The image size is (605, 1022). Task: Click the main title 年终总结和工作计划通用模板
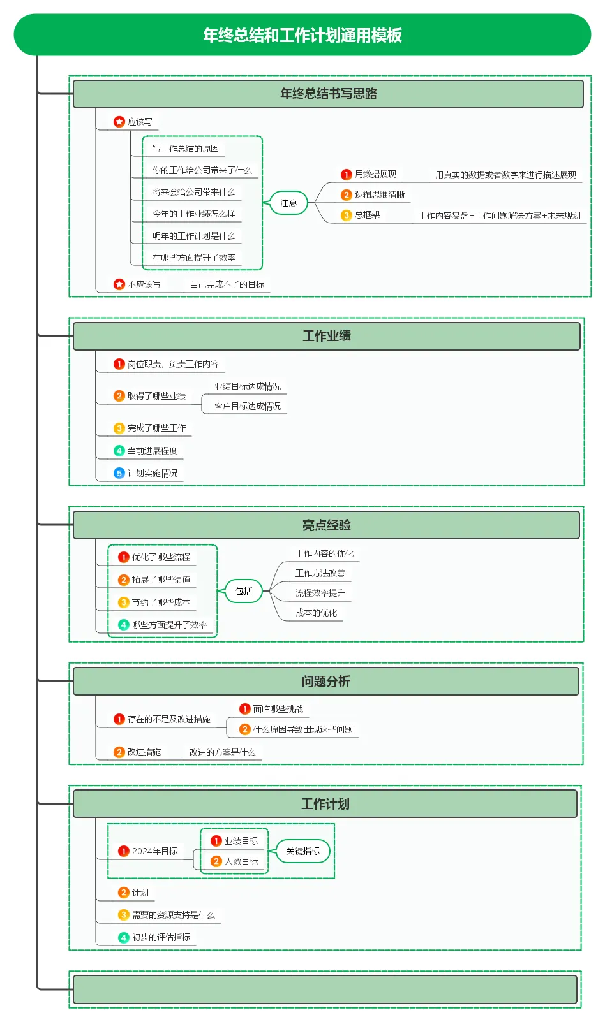click(302, 35)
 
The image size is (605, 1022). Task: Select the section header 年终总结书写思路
click(328, 94)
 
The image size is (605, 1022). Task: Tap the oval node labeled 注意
click(288, 203)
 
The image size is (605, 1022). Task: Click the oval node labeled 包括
click(244, 591)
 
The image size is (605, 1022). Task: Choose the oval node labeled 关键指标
click(303, 851)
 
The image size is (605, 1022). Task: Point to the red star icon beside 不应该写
click(119, 284)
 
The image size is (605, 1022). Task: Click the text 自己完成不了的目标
click(227, 285)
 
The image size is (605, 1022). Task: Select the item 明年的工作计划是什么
click(193, 236)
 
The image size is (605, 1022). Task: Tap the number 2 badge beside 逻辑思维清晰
click(346, 195)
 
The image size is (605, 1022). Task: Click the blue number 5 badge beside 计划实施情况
click(119, 473)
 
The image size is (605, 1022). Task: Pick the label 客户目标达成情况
click(248, 406)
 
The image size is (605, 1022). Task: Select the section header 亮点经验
click(327, 525)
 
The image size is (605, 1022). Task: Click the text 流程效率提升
click(320, 593)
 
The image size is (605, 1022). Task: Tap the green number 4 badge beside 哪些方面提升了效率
click(123, 625)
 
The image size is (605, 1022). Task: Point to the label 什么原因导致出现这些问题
click(303, 729)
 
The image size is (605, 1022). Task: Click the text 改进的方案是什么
click(222, 752)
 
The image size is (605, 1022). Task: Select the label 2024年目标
click(155, 851)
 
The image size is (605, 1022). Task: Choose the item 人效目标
click(241, 861)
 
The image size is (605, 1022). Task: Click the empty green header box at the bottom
click(325, 989)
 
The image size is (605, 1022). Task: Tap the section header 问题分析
click(326, 682)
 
